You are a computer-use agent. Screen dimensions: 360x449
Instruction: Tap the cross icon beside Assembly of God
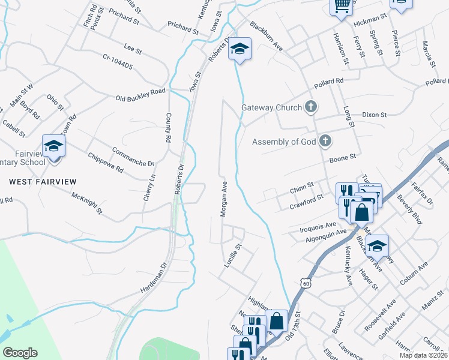point(325,142)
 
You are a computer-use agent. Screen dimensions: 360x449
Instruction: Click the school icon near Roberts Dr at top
point(240,49)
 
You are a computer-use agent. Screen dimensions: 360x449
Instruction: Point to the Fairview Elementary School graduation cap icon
point(53,146)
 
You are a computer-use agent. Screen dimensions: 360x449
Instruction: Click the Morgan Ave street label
point(223,199)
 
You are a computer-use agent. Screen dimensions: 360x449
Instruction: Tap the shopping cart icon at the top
point(342,7)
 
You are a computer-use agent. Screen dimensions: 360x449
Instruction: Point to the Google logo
point(20,352)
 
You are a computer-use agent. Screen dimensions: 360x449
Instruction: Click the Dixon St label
point(375,114)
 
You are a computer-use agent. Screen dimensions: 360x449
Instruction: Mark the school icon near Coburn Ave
point(377,246)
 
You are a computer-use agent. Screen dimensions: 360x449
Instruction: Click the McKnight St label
point(86,203)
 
